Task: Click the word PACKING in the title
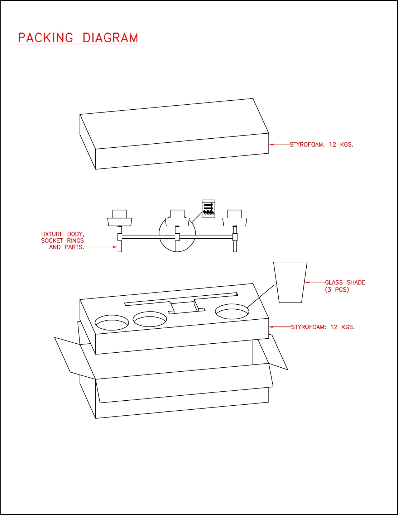coord(46,38)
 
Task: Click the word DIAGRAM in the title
coord(110,38)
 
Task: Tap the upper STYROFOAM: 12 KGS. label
coord(321,144)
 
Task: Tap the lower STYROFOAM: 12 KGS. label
coord(323,327)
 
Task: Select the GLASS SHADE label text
coord(345,282)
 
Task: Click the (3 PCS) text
coord(337,290)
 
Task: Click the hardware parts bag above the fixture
coord(208,209)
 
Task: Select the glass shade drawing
coord(290,282)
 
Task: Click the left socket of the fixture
coord(120,218)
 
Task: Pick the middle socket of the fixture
coord(177,218)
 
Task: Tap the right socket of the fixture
coord(235,218)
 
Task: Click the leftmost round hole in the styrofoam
coord(112,323)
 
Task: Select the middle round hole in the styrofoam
coord(150,319)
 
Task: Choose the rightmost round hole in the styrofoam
coord(232,312)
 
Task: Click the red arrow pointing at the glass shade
coord(315,282)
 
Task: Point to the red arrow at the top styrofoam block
coord(279,144)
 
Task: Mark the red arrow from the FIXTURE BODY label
coord(101,247)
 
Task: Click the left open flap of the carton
coord(75,358)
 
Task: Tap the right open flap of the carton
coord(273,352)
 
